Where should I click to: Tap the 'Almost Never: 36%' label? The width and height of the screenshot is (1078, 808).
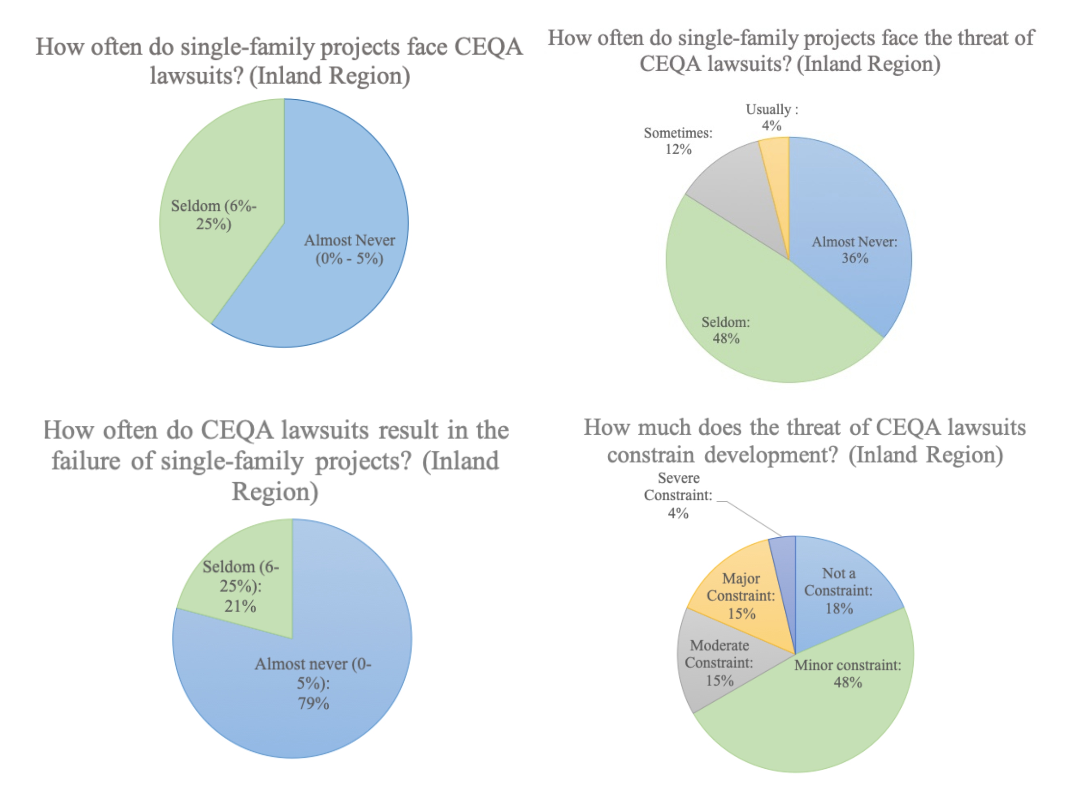click(854, 250)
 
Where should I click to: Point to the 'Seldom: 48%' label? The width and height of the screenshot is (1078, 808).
click(726, 330)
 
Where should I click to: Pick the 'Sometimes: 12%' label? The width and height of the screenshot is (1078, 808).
click(678, 141)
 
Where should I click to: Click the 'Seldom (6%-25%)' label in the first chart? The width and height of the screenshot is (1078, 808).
click(213, 215)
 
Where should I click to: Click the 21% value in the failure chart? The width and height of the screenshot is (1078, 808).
click(240, 606)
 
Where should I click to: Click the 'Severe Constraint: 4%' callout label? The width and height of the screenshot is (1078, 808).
click(678, 495)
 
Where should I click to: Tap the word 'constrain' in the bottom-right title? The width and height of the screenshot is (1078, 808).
click(651, 455)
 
